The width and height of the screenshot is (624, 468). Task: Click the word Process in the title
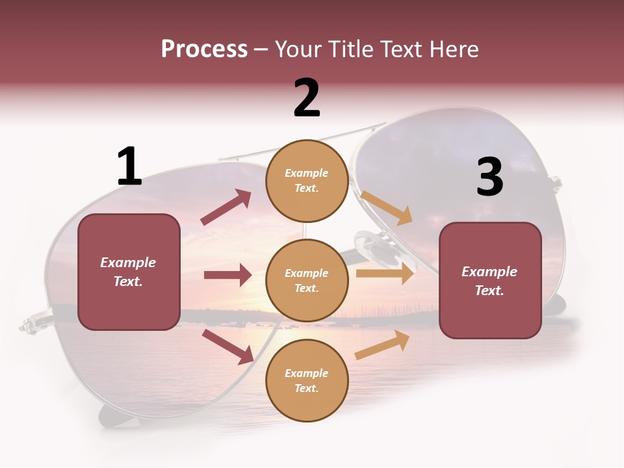coord(204,49)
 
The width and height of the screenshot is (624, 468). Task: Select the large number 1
coord(129,167)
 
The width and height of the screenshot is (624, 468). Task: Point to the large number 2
coord(307,98)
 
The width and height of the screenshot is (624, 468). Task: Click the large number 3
coord(489,177)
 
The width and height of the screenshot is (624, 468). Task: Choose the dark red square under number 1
coord(129,272)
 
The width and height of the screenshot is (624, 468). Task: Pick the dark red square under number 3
coord(490,280)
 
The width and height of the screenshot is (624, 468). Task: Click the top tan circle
coord(307,181)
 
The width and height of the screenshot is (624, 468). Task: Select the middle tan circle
coord(307,280)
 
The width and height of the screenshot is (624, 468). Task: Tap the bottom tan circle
coord(307,380)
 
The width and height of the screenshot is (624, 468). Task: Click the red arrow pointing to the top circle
coord(226,207)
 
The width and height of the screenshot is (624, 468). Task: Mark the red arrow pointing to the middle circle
coord(227,275)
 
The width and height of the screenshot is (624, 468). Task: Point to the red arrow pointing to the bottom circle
coord(227,346)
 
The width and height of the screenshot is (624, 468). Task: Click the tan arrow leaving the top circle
coord(387,207)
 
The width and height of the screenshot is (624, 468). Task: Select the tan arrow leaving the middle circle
coord(385,274)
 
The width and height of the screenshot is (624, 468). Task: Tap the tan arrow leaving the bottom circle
coord(383,345)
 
